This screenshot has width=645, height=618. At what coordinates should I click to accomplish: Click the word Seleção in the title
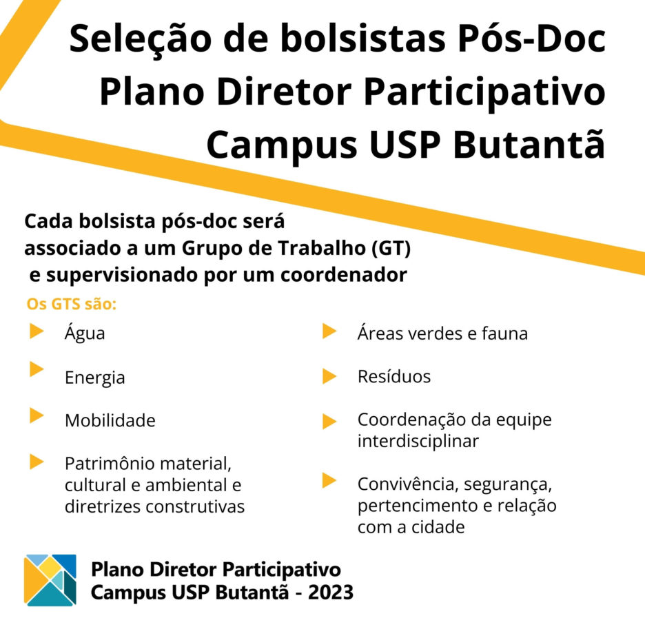[140, 40]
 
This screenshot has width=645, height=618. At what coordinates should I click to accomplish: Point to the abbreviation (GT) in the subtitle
[391, 249]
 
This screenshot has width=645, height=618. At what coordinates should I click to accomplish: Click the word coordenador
[343, 275]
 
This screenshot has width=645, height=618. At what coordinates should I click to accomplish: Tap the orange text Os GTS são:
[72, 305]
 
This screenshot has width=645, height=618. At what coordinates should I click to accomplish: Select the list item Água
[85, 332]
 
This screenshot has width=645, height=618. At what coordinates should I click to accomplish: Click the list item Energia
[94, 378]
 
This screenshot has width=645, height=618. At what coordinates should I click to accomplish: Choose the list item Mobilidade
[110, 421]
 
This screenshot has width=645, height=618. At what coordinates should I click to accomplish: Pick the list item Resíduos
[394, 377]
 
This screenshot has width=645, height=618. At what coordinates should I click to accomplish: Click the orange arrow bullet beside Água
[37, 331]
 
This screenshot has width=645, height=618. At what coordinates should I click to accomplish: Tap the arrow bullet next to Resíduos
[329, 377]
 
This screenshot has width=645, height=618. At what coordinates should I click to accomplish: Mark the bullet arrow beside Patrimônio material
[37, 462]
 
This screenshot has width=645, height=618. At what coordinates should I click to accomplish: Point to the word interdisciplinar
[418, 442]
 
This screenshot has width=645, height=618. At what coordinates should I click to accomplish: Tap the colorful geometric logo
[50, 580]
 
